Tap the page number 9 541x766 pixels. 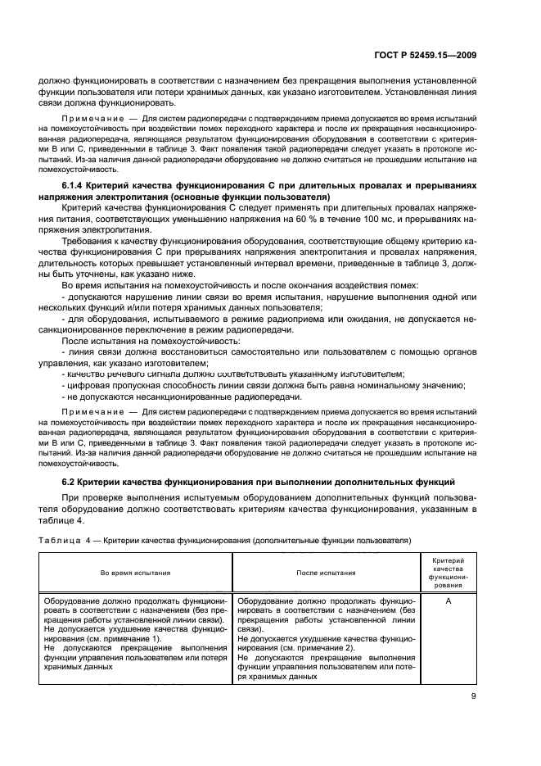(473, 699)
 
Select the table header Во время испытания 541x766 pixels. (136, 573)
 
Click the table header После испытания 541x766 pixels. (326, 573)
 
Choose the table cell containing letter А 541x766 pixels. (448, 601)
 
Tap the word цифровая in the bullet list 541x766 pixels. (88, 385)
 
